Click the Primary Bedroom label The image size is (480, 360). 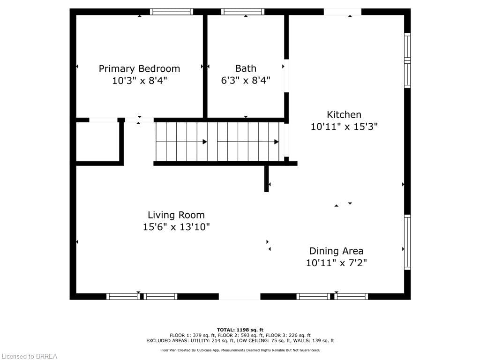coord(139,68)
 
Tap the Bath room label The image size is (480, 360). coord(246,68)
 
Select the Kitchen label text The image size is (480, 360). coord(344,114)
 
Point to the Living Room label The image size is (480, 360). coord(176,215)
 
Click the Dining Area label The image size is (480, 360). coord(336,251)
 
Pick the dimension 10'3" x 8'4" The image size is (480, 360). coord(139,81)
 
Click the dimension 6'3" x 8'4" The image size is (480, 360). coord(246,81)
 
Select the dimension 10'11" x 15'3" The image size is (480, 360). coord(344,127)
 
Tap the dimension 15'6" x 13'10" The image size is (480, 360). coord(176,227)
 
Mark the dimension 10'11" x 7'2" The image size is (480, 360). coord(336,263)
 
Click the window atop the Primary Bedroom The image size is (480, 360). coord(172,12)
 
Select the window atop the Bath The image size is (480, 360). coord(242,12)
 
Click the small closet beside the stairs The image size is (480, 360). coord(97,142)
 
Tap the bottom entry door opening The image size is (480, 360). coord(240,296)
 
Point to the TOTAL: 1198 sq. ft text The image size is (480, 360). coord(240,330)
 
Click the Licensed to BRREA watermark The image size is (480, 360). coord(29,356)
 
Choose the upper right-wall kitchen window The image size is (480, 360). coord(407,60)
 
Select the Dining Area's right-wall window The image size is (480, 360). coord(407,242)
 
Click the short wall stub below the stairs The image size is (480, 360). coord(267,179)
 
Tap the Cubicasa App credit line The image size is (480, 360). coord(240,350)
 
